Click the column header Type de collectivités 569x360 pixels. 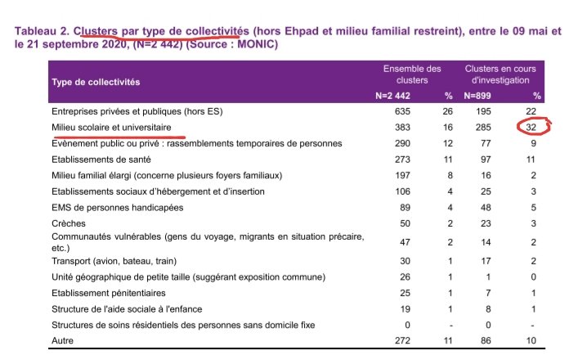(x=96, y=83)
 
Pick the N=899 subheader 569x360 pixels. (x=480, y=96)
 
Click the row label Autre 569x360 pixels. (x=63, y=340)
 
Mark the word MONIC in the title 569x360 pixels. (x=257, y=44)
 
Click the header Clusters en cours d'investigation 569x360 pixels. (x=500, y=74)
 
